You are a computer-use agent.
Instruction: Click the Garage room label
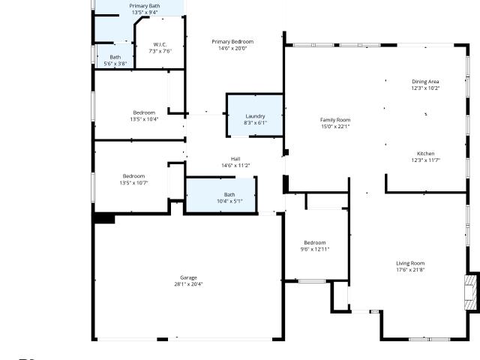click(x=188, y=277)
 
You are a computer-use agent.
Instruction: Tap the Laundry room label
click(x=255, y=116)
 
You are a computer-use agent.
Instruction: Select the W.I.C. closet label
click(x=160, y=45)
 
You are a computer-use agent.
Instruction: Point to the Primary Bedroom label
click(x=232, y=42)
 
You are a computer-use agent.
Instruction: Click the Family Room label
click(x=335, y=120)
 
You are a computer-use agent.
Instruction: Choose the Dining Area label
click(x=425, y=82)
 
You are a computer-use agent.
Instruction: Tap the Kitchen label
click(x=425, y=154)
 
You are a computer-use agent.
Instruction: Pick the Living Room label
click(x=410, y=263)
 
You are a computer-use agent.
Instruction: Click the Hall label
click(x=235, y=159)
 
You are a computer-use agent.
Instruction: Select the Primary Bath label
click(x=145, y=6)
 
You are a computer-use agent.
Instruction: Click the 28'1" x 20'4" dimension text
click(x=188, y=284)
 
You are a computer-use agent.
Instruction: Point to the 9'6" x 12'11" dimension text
click(x=315, y=249)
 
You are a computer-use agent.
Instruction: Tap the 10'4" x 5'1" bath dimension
click(x=230, y=201)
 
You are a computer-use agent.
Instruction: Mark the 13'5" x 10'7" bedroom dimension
click(x=133, y=183)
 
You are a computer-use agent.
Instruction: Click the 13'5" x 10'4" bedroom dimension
click(x=144, y=119)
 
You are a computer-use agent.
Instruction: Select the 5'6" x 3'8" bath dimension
click(x=115, y=64)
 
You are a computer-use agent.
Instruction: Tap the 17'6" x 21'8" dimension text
click(x=410, y=270)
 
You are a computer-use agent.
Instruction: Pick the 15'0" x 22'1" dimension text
click(x=335, y=127)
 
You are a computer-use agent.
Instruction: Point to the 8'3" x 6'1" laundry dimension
click(x=255, y=123)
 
